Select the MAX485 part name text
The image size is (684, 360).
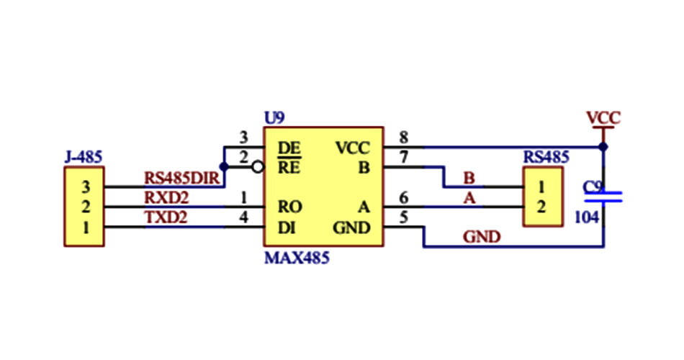point(297,257)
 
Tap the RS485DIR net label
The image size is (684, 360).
point(181,177)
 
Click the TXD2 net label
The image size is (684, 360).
point(166,218)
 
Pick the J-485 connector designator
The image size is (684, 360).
point(83,156)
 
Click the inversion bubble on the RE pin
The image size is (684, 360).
point(257,168)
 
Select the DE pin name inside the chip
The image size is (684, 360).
point(289,148)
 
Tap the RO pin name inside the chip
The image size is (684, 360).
point(289,207)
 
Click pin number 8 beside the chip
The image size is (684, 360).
point(403,138)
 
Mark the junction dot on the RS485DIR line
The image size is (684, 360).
point(224,167)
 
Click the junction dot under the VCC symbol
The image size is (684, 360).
point(603,148)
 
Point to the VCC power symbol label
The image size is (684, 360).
point(603,117)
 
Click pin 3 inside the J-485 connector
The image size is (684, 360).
point(85,187)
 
